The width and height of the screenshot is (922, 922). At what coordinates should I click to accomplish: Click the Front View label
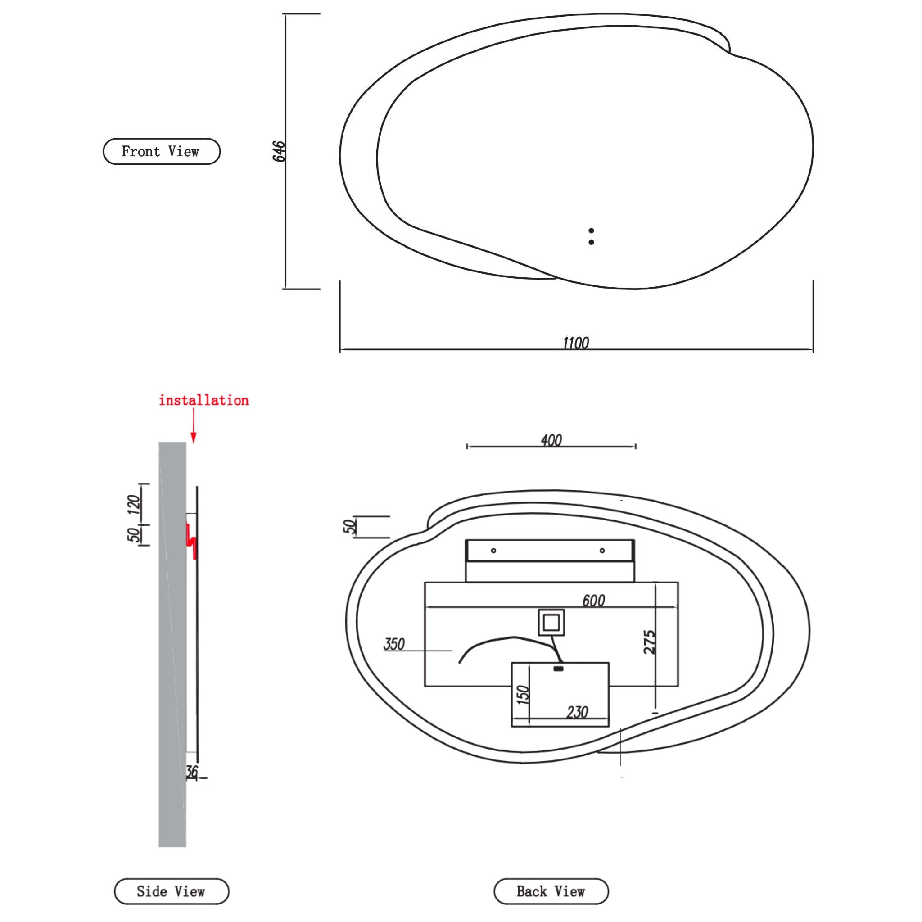161,152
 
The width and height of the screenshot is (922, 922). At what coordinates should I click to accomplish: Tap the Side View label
172,891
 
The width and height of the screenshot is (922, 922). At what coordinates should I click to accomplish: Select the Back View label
551,891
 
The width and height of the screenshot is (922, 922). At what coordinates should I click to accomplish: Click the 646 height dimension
279,151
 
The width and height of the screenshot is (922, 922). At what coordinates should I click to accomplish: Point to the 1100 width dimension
575,343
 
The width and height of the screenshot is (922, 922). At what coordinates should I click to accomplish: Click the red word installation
204,400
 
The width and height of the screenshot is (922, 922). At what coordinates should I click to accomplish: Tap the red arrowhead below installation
193,436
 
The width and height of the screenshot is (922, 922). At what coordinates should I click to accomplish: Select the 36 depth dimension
192,772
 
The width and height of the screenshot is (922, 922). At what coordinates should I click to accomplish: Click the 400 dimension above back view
551,440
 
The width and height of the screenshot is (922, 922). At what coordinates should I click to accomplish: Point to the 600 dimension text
593,601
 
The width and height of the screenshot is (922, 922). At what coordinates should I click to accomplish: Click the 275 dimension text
650,642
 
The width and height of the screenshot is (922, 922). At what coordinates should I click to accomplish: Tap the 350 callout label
394,644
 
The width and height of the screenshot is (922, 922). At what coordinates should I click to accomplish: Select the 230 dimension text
577,713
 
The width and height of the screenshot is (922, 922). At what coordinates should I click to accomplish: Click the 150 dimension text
524,694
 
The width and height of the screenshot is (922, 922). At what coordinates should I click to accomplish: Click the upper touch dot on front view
591,231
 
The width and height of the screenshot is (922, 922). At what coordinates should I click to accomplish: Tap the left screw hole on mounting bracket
493,551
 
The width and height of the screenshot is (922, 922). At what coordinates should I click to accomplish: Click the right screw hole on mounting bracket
602,551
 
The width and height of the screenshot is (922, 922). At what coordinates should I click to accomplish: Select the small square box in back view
551,622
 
